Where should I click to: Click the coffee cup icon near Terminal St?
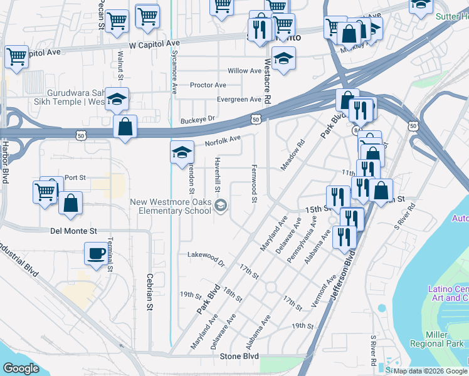[x=96, y=253]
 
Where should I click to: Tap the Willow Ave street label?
[x=245, y=71]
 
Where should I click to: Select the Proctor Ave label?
[x=208, y=85]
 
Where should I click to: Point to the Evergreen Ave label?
[x=239, y=99]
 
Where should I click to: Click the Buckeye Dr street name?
[x=198, y=118]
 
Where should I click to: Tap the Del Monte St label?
[x=73, y=231]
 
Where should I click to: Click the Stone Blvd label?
[x=239, y=356]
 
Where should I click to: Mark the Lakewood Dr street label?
[x=206, y=257]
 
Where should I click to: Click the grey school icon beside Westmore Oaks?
[x=221, y=205]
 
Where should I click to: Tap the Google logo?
[x=21, y=368]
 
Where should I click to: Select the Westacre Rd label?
[x=267, y=81]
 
